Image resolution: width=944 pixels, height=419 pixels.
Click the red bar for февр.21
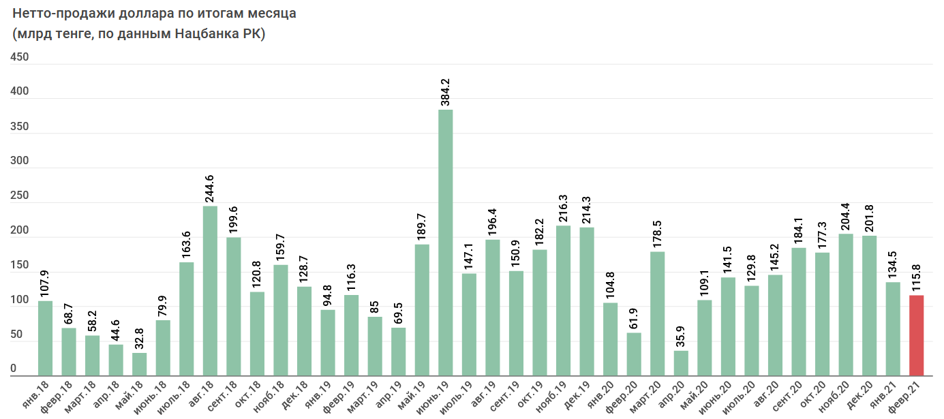pyautogui.click(x=916, y=335)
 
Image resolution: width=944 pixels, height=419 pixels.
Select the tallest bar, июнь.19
pyautogui.click(x=445, y=243)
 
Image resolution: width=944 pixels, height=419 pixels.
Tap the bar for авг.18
pyautogui.click(x=210, y=290)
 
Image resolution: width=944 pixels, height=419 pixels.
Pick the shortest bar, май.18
pyautogui.click(x=139, y=364)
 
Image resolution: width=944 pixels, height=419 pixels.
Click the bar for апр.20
pyautogui.click(x=680, y=363)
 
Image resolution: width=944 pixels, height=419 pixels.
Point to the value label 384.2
pyautogui.click(x=446, y=92)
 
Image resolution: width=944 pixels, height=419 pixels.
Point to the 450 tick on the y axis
pyautogui.click(x=18, y=57)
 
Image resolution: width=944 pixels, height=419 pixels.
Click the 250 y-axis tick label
pyautogui.click(x=18, y=196)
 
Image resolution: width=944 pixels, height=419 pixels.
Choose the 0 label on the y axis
pyautogui.click(x=13, y=369)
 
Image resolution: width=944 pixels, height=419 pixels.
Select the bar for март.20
pyautogui.click(x=657, y=313)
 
